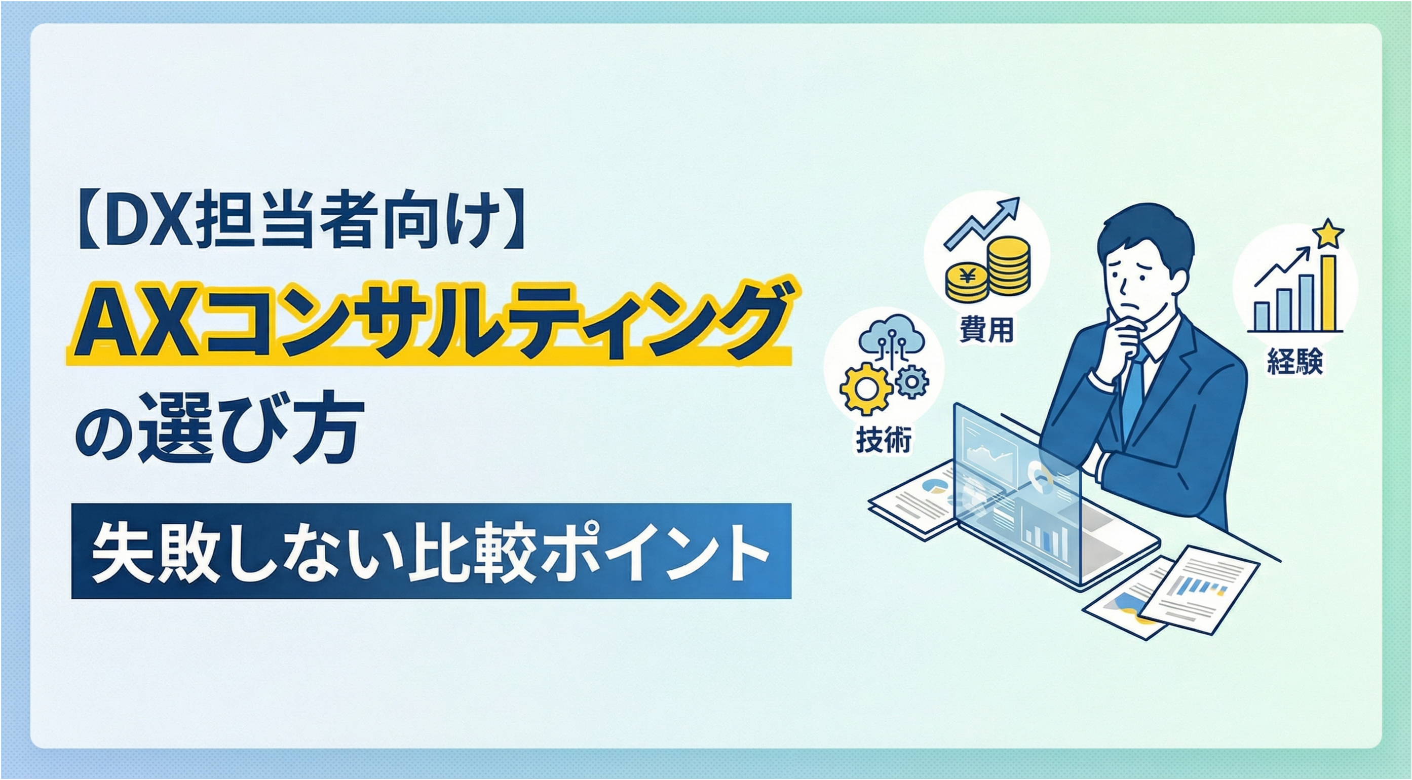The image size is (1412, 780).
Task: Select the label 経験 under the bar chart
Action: (x=1294, y=361)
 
